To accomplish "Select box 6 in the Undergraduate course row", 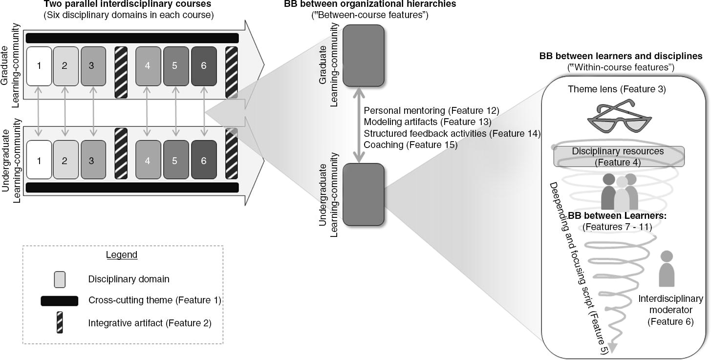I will [204, 160].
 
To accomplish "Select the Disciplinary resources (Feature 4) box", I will [618, 157].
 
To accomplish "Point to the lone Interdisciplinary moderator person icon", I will [667, 269].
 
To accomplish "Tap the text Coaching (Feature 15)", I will [410, 145].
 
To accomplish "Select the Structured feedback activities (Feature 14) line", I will [452, 133].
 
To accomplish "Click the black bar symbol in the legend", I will [59, 301].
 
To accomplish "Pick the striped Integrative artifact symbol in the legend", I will [60, 322].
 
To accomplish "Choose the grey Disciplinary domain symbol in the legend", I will [59, 279].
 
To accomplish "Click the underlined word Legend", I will [122, 255].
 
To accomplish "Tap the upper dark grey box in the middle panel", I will [363, 55].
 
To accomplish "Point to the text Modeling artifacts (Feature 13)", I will [428, 122].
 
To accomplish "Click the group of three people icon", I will [620, 191].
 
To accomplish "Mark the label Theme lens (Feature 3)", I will [617, 89].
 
